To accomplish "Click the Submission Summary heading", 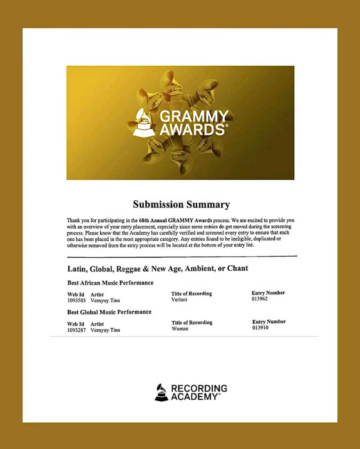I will coord(181,205).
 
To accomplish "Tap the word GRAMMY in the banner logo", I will coord(194,116).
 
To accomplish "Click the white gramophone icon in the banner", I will coord(144,122).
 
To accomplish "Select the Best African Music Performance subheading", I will coord(110,283).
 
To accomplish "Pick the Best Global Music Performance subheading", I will coord(109,312).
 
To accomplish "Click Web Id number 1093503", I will coord(76,300).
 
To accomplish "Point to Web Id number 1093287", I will coord(76,330).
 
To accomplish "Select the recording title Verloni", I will coord(179,299).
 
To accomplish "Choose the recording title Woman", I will coord(180,328).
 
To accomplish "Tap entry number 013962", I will coord(260,299).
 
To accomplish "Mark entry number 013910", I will coord(261,328).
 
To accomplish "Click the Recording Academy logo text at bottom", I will coord(199,392).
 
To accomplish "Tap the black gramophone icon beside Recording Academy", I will coord(161,392).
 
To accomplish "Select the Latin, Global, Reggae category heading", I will coord(158,268).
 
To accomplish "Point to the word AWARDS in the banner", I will coord(192,129).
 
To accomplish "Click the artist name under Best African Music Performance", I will coord(105,300).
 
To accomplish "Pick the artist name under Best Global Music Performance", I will coord(105,330).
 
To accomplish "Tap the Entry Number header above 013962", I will coord(268,293).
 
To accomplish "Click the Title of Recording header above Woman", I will coord(192,322).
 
